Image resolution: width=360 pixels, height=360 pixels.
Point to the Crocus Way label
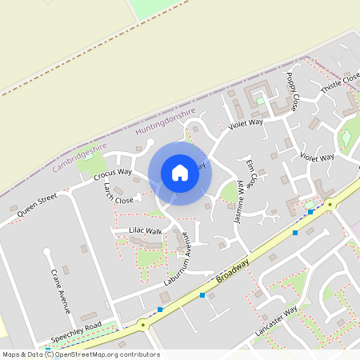click(x=112, y=173)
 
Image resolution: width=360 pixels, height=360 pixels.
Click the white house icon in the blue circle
click(x=180, y=173)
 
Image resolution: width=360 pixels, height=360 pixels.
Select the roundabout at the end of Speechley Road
click(x=142, y=326)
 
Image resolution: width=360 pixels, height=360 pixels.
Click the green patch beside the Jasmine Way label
click(x=229, y=192)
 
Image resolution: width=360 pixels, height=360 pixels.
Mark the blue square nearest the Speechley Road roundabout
click(x=160, y=310)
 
